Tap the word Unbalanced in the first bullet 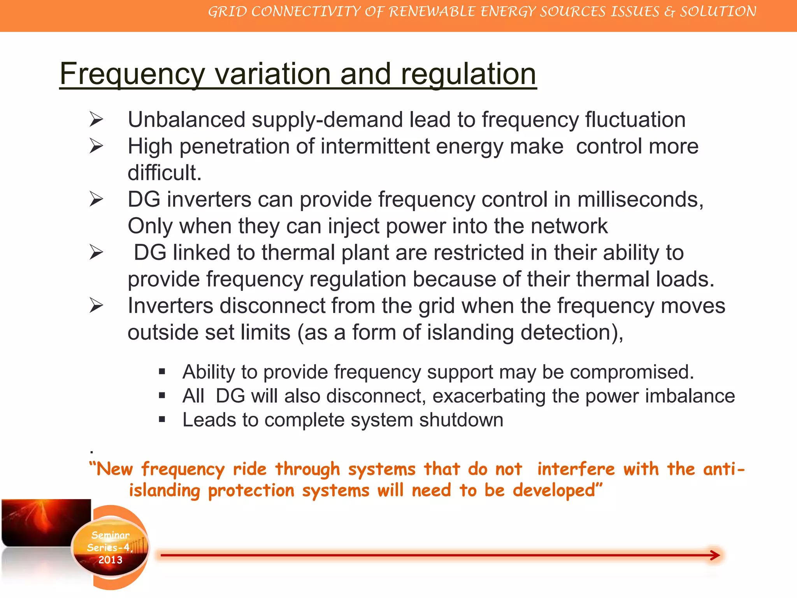coord(186,120)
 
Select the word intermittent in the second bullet coord(375,147)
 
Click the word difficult coord(165,173)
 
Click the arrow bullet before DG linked coord(96,252)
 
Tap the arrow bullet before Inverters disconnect coord(96,305)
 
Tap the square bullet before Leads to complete coord(162,420)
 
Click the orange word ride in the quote coord(249,469)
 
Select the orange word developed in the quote coord(557,491)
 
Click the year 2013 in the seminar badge coord(110,560)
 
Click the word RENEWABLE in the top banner coord(432,12)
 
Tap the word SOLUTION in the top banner coord(718,12)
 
